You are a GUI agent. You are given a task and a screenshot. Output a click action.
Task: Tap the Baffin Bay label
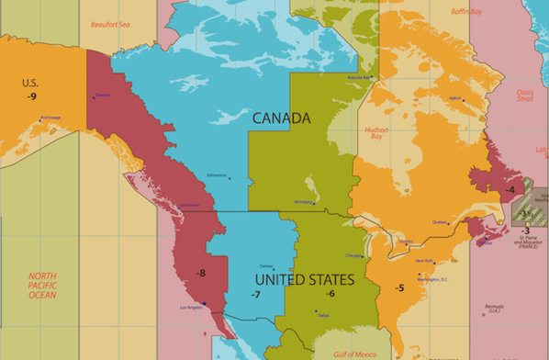click(465, 12)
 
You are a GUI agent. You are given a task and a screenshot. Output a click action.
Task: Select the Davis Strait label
click(524, 96)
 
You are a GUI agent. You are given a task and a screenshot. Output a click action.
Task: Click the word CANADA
click(281, 118)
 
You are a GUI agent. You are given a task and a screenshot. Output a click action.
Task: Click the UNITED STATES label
click(304, 278)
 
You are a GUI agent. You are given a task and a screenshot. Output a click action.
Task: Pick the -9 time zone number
click(32, 96)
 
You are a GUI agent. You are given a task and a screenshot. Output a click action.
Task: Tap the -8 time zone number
click(201, 273)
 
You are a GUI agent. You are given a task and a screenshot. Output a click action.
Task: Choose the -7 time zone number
click(256, 294)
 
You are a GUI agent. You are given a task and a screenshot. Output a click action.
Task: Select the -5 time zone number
click(399, 287)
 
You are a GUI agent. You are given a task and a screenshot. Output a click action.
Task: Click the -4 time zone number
click(510, 190)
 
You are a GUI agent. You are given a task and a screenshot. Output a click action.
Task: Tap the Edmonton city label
click(218, 174)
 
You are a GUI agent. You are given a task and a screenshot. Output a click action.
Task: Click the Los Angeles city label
click(190, 307)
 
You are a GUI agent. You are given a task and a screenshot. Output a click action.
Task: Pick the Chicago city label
click(354, 254)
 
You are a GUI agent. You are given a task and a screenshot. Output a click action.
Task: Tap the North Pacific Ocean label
click(42, 285)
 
